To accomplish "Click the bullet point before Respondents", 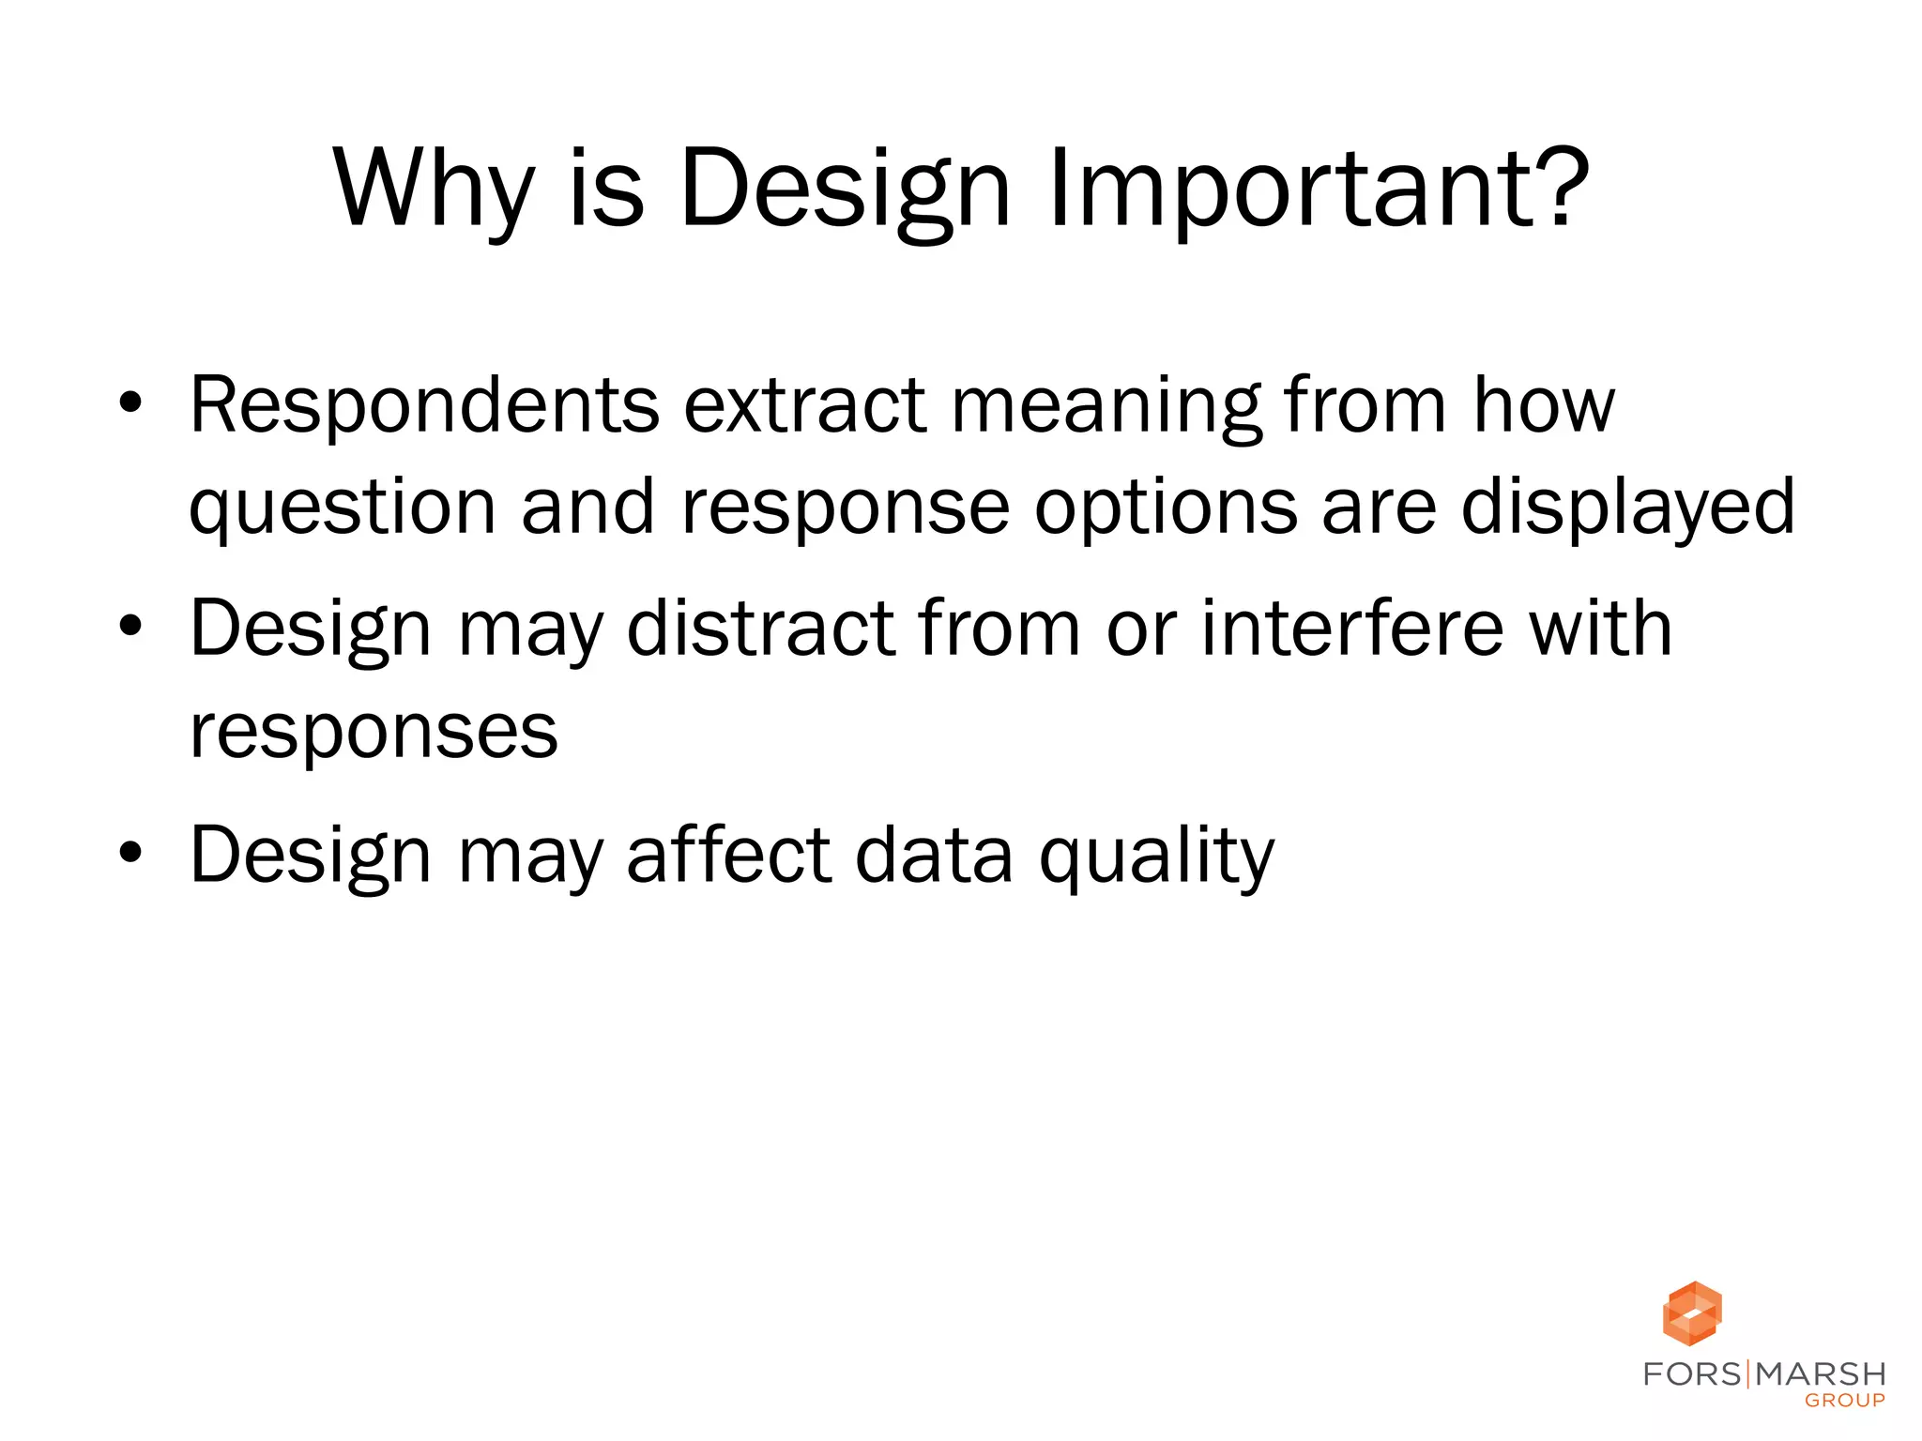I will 130,403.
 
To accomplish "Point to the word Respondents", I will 424,405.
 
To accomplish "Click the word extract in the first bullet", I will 805,405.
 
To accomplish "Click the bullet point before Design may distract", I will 130,627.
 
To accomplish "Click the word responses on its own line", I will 374,732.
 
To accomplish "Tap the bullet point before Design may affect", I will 130,853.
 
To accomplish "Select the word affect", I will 728,855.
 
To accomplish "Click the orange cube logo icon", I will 1692,1313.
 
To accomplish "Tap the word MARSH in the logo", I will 1821,1374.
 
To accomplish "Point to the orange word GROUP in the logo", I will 1845,1401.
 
